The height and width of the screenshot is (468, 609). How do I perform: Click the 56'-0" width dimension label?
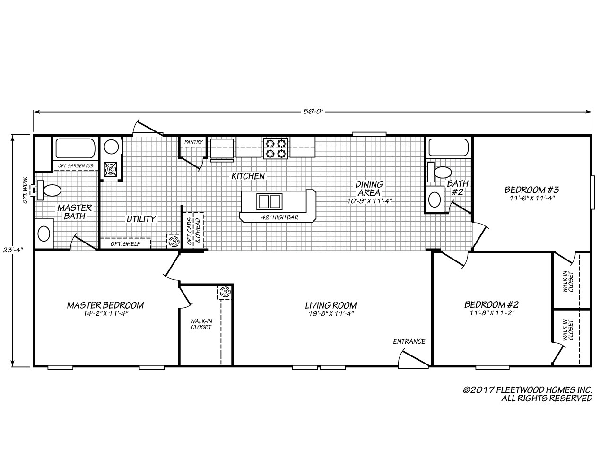313,112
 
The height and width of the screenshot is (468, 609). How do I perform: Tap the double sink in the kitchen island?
269,201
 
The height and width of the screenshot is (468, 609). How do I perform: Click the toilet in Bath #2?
441,172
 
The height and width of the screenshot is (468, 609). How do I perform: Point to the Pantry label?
194,142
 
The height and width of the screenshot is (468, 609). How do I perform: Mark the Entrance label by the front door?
409,341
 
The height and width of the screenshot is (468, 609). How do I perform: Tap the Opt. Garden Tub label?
75,166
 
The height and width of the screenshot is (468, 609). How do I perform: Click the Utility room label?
140,219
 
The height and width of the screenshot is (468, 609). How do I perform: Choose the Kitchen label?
248,176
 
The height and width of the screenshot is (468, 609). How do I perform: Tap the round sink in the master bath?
43,233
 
